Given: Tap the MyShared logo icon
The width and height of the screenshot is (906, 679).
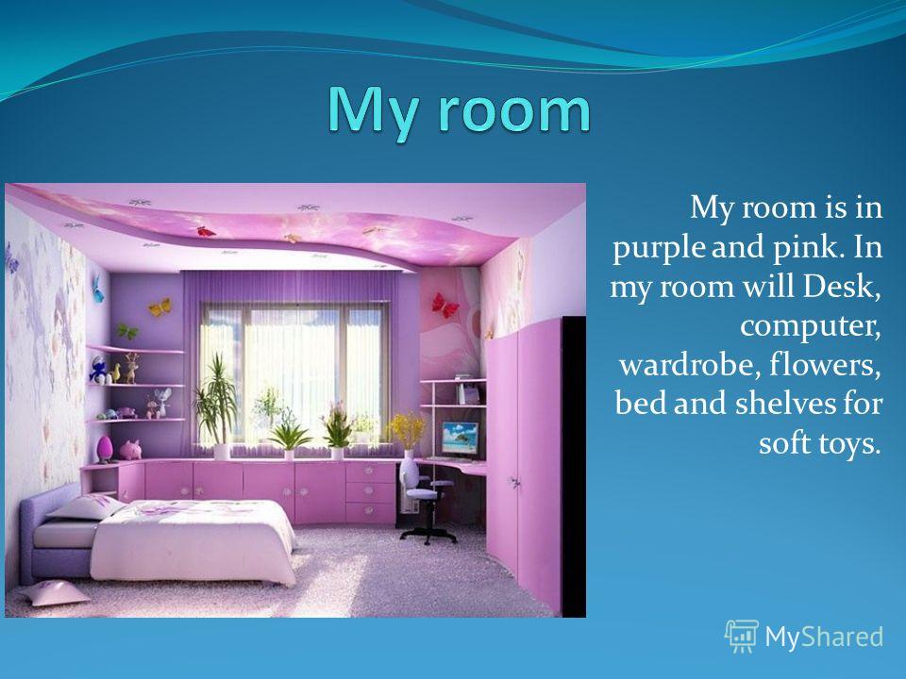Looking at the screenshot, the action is tap(742, 636).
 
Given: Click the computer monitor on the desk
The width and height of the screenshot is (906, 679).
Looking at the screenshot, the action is tap(460, 439).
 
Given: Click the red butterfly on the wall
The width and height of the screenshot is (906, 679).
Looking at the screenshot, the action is tap(445, 305).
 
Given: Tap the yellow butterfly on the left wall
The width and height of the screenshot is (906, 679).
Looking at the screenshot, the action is tap(160, 306).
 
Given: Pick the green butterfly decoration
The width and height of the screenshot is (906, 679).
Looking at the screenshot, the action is tap(127, 331).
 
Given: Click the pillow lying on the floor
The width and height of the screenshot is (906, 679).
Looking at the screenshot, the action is tap(54, 592).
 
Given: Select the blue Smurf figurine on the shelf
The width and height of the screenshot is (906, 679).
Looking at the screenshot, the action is tap(98, 370).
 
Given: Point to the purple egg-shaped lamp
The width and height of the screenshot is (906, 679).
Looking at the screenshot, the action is tap(105, 449).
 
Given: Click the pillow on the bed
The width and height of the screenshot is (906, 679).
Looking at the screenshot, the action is tap(87, 507).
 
